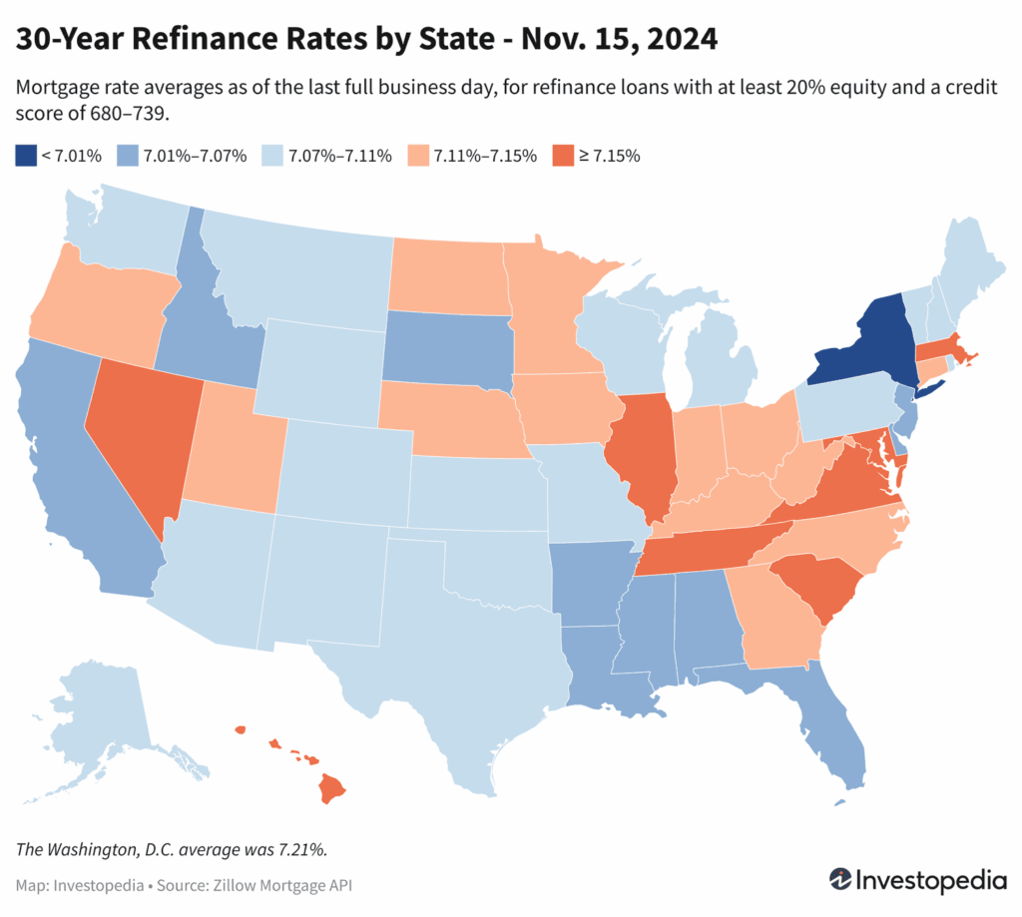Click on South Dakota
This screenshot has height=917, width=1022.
446,344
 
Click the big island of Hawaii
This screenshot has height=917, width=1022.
332,789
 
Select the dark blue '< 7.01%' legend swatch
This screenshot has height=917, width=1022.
25,156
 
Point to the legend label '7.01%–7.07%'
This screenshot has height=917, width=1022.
195,156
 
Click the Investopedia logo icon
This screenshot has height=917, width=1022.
843,880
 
